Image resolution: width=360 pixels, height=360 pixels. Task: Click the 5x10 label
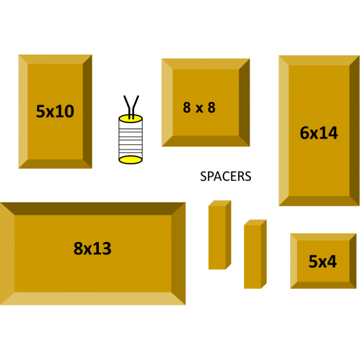[x=55, y=112]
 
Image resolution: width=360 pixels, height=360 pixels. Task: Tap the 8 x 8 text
[x=199, y=107]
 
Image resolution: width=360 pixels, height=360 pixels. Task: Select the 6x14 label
[x=319, y=133]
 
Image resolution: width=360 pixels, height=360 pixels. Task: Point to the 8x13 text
[x=92, y=248]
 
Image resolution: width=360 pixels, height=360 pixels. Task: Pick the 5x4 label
[x=323, y=262]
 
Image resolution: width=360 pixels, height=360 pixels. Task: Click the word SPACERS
[x=225, y=176]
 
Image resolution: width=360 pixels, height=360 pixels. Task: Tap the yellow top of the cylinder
[x=130, y=118]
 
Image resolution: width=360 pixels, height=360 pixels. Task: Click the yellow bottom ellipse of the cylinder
[x=130, y=160]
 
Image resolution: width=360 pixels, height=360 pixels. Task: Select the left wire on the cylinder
[x=128, y=107]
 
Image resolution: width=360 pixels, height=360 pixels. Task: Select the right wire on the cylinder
[x=135, y=107]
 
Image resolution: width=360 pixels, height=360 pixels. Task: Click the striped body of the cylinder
[x=130, y=139]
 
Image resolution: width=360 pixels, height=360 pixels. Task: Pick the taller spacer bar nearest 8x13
[x=219, y=235]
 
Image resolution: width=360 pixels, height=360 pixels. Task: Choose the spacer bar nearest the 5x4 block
[x=255, y=254]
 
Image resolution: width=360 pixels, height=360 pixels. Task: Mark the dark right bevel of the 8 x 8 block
[x=244, y=103]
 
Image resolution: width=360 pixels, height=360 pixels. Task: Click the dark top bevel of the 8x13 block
[x=93, y=209]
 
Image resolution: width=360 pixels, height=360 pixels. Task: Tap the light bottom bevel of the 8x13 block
[x=93, y=298]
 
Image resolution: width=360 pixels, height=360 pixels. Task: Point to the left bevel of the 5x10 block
[x=23, y=112]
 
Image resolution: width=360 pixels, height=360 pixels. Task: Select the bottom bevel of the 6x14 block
[x=319, y=201]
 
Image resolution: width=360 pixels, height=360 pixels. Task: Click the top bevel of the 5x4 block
[x=323, y=237]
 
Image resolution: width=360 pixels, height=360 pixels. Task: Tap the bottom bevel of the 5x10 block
[x=55, y=164]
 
